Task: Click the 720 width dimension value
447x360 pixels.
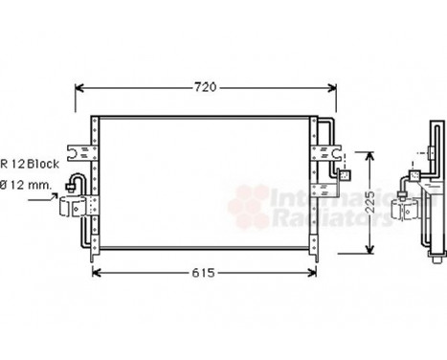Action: (x=206, y=87)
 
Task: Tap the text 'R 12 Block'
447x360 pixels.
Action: (x=30, y=164)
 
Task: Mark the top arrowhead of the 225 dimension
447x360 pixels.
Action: (x=370, y=153)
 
